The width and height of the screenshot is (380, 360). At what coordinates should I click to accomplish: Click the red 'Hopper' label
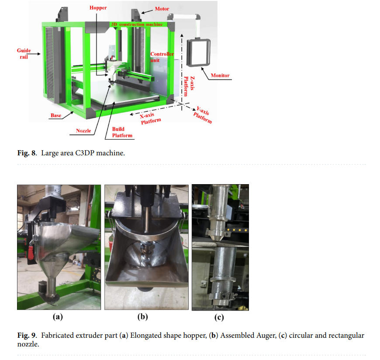[x=98, y=8]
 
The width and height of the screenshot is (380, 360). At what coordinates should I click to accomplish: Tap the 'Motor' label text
[x=162, y=9]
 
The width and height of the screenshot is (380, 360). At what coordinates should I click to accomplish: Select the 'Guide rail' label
[x=24, y=54]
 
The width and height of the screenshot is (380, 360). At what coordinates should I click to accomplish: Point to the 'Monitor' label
[x=220, y=75]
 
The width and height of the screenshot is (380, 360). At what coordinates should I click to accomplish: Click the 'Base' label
[x=56, y=115]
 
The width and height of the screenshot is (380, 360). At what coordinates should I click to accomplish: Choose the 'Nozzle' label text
[x=83, y=131]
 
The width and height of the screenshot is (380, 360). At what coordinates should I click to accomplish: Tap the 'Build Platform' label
[x=122, y=132]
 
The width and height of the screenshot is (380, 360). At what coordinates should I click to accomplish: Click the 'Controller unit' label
[x=162, y=57]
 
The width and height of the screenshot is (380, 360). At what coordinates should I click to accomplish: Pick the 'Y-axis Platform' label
[x=203, y=115]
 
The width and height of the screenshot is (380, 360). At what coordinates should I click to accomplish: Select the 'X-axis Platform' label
[x=150, y=118]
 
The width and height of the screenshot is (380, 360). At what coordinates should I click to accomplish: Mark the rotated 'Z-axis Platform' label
[x=189, y=86]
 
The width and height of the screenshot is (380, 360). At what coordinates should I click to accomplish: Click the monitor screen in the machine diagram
[x=198, y=52]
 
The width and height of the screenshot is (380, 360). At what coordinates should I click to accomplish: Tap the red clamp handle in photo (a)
[x=31, y=252]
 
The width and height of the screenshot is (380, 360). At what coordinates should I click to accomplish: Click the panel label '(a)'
[x=58, y=317]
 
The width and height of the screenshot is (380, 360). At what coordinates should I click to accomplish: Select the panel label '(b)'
[x=142, y=317]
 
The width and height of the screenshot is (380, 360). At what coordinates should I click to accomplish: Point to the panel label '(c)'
[x=219, y=317]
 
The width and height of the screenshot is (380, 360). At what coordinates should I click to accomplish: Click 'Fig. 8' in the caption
[x=27, y=153]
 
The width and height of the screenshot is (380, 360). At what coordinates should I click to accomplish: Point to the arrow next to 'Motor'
[x=147, y=11]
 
